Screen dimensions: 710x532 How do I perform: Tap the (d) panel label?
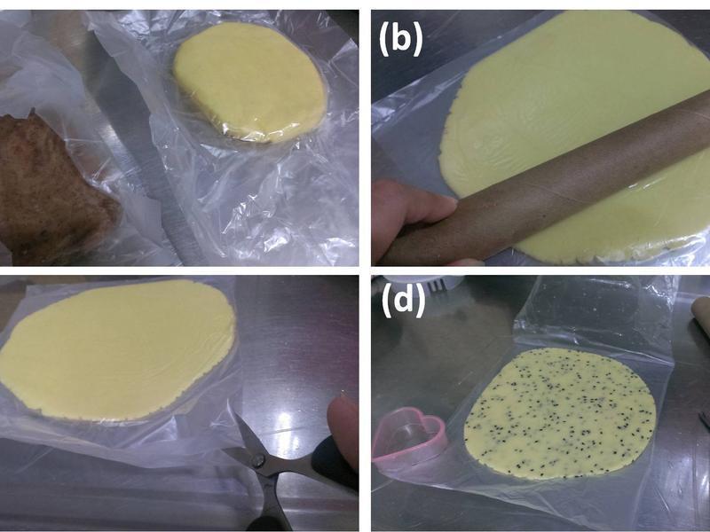[404, 301]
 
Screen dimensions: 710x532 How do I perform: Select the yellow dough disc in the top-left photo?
[249, 82]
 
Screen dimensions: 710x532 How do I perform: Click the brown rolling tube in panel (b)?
[543, 181]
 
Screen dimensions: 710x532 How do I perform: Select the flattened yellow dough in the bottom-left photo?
[119, 349]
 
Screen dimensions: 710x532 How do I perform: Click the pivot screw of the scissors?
[258, 460]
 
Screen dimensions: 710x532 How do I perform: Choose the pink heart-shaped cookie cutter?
[408, 434]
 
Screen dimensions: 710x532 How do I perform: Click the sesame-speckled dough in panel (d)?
[561, 412]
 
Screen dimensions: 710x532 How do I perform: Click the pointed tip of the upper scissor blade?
[235, 414]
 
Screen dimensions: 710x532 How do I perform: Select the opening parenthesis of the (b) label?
[384, 39]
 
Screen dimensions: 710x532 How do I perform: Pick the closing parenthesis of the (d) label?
[420, 301]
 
